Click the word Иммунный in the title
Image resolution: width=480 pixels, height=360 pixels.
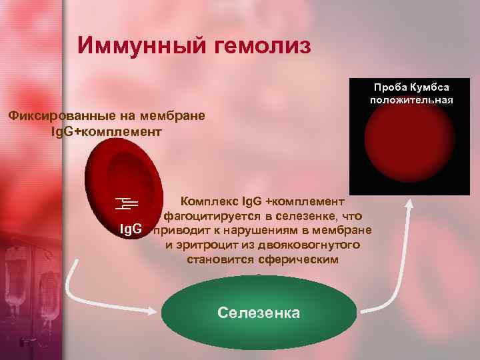point(129,45)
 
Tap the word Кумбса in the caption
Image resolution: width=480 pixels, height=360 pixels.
point(429,87)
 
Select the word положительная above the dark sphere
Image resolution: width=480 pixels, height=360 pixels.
point(411,100)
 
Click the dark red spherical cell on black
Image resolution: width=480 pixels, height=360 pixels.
point(411,150)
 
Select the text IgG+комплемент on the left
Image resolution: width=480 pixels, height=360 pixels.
point(105,131)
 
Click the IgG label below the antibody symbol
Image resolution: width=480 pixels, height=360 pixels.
point(131,230)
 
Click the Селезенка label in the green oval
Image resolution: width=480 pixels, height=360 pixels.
point(259,313)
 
